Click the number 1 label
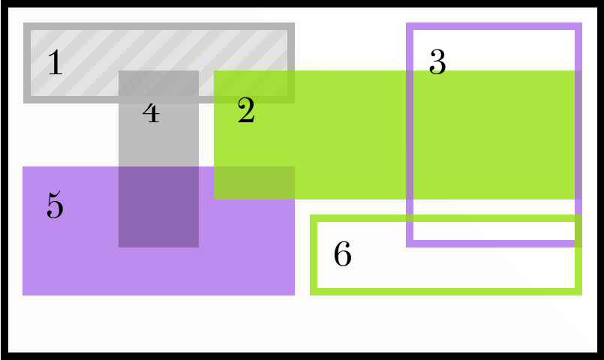tap(54, 63)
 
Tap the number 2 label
tap(246, 112)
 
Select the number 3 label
tap(437, 62)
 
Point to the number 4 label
tap(151, 112)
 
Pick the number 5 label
tap(54, 205)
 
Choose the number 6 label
tap(342, 255)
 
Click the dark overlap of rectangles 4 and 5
tap(158, 206)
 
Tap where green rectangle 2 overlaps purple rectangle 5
tap(254, 182)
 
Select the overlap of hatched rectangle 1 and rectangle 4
tap(158, 86)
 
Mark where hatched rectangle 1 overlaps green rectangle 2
tap(254, 86)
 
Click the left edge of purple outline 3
tap(410, 134)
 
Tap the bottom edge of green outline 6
tap(446, 291)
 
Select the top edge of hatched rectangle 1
tap(158, 27)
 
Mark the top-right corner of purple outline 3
tap(579, 26)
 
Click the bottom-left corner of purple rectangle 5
tap(23, 295)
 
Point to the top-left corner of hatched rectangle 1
tap(27, 27)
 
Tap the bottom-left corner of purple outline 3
tap(410, 243)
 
